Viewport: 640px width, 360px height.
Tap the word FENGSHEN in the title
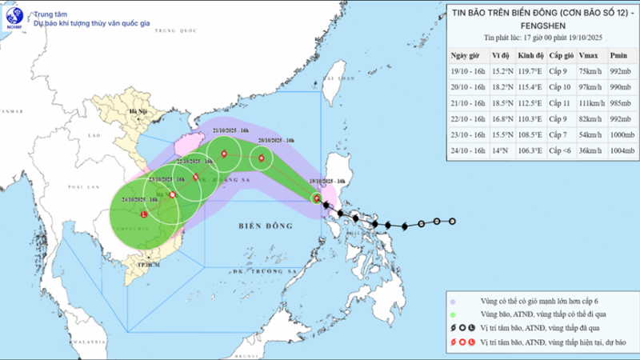click(542, 26)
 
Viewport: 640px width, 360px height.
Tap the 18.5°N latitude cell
click(502, 104)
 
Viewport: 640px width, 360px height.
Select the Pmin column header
click(618, 55)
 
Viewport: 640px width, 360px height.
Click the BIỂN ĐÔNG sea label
click(260, 227)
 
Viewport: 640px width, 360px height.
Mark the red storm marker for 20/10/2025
click(260, 159)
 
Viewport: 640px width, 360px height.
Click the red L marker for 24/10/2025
click(143, 214)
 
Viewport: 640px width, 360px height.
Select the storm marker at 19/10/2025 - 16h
click(317, 198)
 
